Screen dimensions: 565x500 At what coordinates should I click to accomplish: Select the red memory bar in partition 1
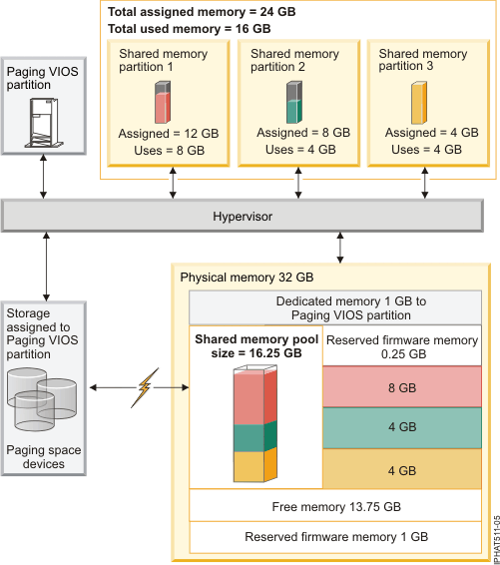[164, 103]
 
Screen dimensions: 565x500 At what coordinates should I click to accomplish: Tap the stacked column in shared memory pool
[256, 425]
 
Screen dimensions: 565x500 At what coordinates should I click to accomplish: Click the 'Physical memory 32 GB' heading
[246, 277]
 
